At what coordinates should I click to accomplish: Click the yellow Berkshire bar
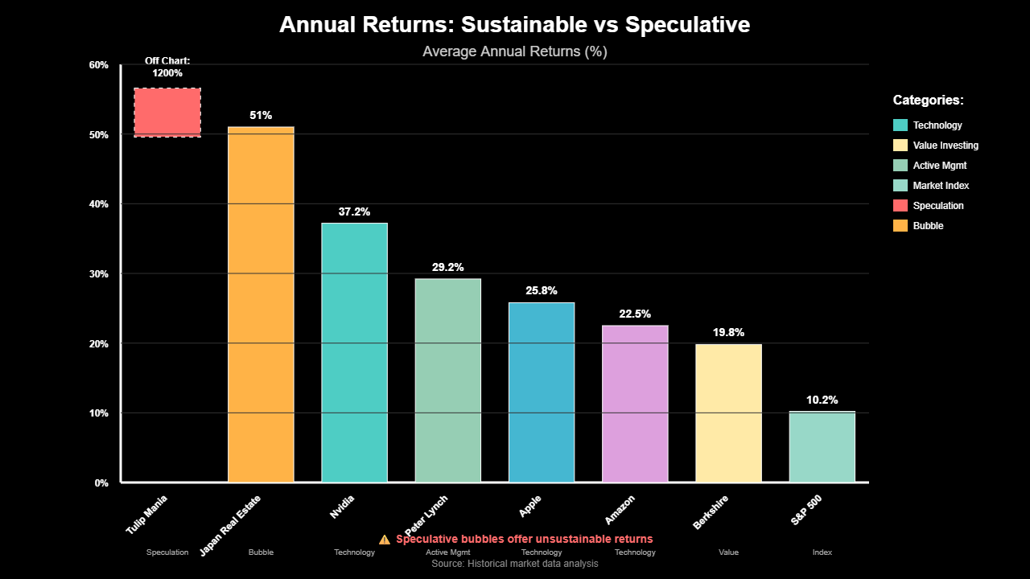[728, 413]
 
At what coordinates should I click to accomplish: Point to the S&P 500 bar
[822, 447]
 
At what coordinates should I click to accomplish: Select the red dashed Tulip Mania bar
[167, 112]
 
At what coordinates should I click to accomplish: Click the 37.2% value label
[354, 212]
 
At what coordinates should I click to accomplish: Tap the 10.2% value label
[822, 400]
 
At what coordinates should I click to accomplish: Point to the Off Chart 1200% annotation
[167, 67]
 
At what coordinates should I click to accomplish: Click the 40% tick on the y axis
[98, 204]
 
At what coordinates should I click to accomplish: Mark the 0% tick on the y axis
[101, 483]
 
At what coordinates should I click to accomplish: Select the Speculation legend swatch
[900, 206]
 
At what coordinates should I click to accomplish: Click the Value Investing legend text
[946, 146]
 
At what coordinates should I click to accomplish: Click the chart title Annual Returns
[514, 25]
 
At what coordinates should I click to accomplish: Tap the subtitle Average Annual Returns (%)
[514, 51]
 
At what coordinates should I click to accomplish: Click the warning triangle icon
[385, 539]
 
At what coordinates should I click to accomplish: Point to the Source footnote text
[514, 564]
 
